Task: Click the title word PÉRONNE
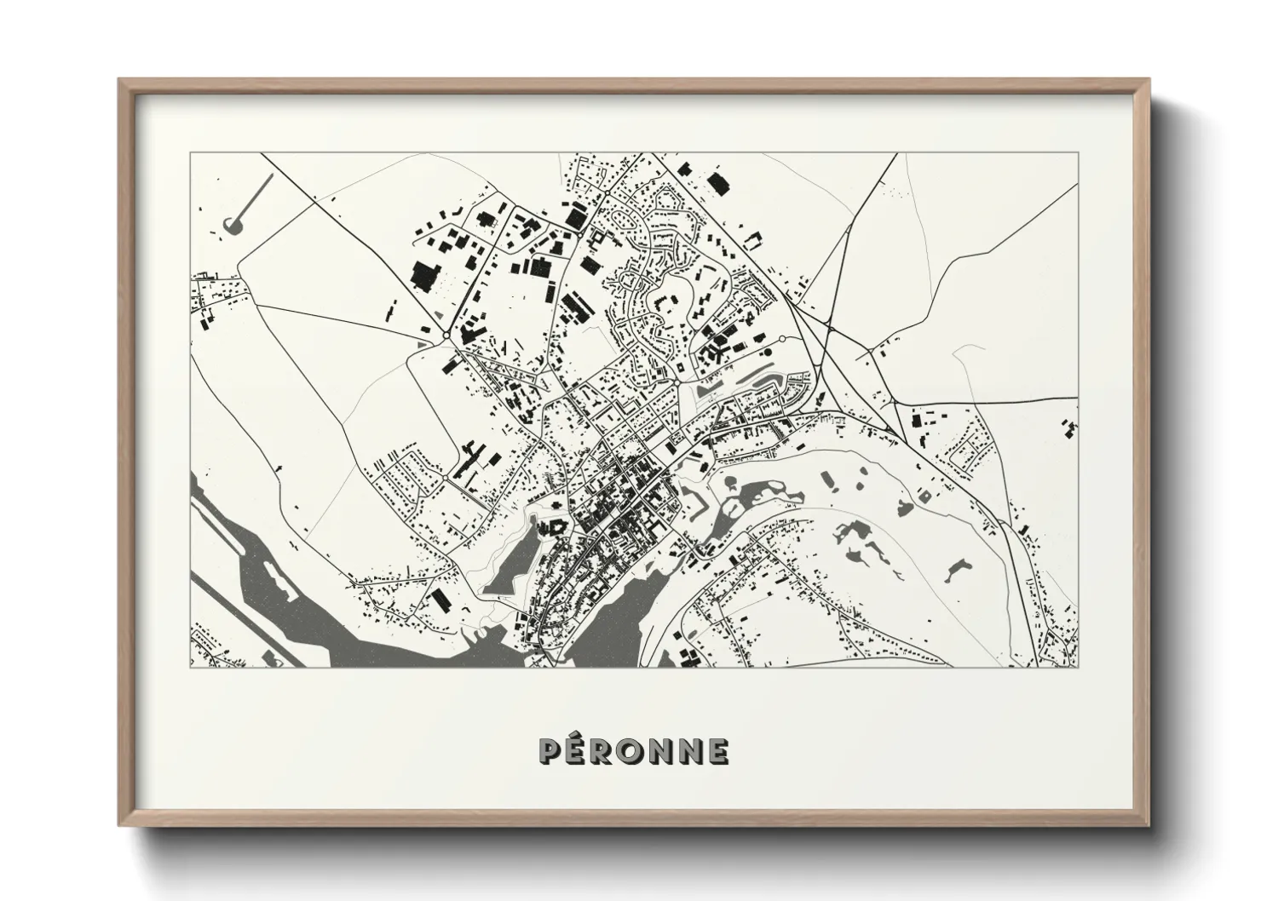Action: click(x=634, y=750)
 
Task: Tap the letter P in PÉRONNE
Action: click(x=550, y=751)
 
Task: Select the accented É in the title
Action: click(x=579, y=749)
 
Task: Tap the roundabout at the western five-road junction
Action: click(x=446, y=336)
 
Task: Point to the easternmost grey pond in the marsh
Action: click(x=960, y=568)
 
